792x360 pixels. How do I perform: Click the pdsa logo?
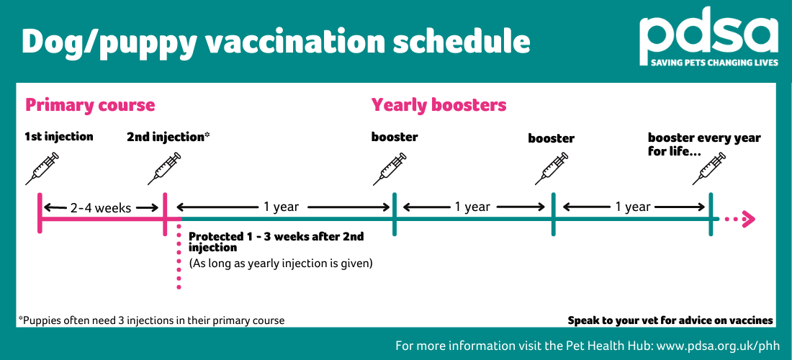pos(708,35)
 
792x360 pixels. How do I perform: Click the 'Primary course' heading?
pos(90,105)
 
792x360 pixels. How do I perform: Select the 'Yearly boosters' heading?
pos(438,105)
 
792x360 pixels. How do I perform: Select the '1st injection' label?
pos(58,136)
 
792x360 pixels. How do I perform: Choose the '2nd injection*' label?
pos(168,136)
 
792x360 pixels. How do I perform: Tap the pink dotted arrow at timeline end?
pos(737,219)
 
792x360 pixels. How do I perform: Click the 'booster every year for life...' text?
pos(703,144)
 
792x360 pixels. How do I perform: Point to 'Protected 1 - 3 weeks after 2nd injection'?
pos(276,242)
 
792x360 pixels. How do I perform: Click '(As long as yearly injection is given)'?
pos(280,264)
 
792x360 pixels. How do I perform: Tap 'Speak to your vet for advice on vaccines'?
pos(670,320)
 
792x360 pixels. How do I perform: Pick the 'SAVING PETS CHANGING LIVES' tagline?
pos(708,63)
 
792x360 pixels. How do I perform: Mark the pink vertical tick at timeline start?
pos(40,213)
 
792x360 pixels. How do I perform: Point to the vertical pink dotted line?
pos(179,259)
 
